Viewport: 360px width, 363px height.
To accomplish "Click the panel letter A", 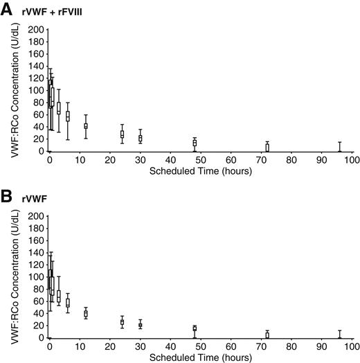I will click(x=8, y=9).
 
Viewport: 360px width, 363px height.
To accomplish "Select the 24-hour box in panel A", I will click(x=122, y=134).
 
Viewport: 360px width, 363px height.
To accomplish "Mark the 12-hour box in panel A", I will click(x=86, y=125).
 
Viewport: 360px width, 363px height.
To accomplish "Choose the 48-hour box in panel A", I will click(x=195, y=143).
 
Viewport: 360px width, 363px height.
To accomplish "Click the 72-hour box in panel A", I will click(x=267, y=148).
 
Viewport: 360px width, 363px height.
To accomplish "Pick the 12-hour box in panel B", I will click(x=86, y=314).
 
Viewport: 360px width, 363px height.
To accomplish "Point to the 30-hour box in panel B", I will click(x=140, y=324).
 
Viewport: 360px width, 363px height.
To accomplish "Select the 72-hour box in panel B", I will click(x=267, y=335).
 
